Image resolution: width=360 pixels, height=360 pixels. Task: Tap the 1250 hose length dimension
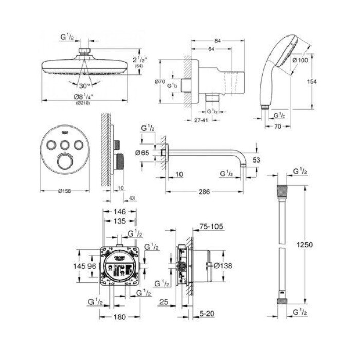pyautogui.click(x=305, y=245)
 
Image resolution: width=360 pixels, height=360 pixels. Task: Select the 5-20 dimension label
pyautogui.click(x=208, y=312)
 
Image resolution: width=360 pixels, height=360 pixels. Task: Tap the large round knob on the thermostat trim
pyautogui.click(x=64, y=163)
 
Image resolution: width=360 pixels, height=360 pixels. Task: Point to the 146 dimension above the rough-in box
pyautogui.click(x=119, y=211)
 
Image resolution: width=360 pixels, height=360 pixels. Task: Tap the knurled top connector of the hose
pyautogui.click(x=281, y=191)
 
